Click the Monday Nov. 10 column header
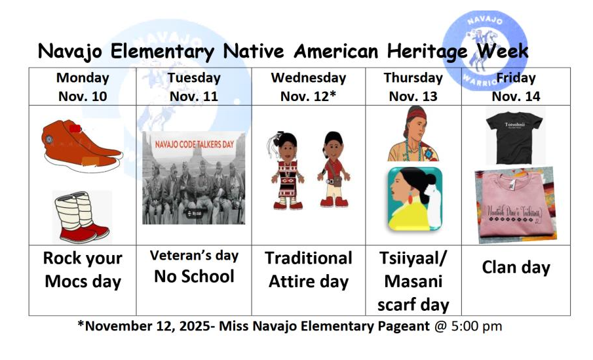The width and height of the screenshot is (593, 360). [82, 87]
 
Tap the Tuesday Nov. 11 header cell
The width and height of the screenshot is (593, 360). [194, 87]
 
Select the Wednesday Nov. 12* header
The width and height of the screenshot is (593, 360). [308, 87]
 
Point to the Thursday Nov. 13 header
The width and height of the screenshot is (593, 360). [413, 87]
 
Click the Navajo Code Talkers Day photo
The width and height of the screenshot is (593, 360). [193, 178]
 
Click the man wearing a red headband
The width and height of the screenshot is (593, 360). [413, 134]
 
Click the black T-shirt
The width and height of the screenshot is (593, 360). [515, 137]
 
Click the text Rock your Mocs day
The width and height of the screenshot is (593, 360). [83, 270]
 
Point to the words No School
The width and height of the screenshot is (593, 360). [194, 276]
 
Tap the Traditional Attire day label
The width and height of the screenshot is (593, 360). [308, 270]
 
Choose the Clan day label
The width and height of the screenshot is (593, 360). [516, 268]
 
